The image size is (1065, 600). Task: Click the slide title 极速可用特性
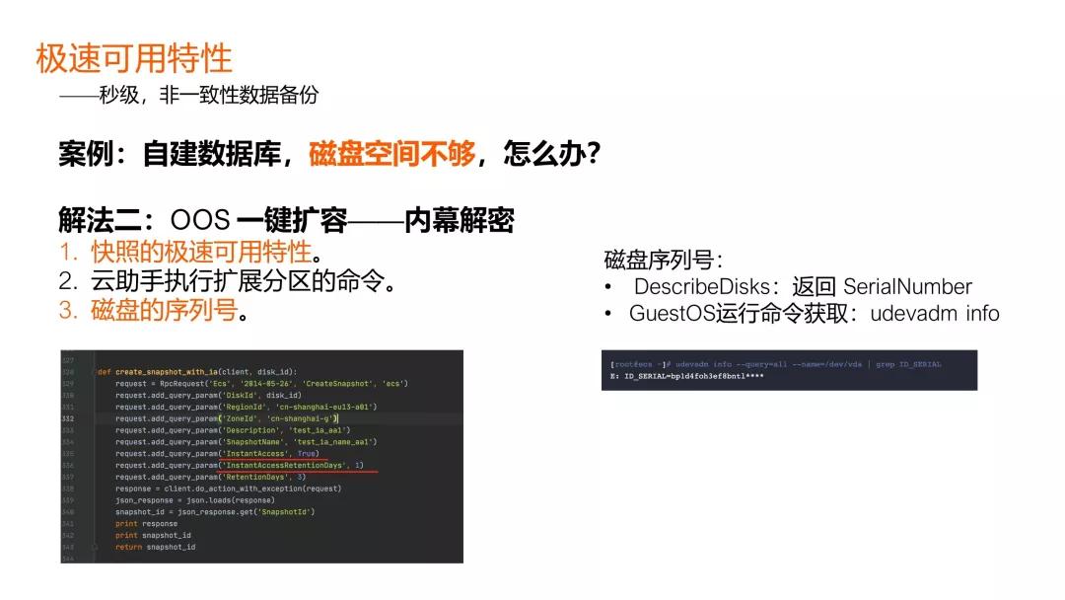(134, 58)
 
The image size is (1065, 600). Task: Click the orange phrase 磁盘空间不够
(392, 154)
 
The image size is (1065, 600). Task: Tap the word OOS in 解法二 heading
(200, 220)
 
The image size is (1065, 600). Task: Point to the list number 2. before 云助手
(69, 281)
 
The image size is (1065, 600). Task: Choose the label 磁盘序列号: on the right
(663, 261)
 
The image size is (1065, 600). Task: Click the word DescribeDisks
(700, 287)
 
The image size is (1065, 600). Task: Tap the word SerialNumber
(907, 287)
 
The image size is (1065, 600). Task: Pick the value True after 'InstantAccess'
(308, 454)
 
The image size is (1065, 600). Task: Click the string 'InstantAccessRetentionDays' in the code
(287, 465)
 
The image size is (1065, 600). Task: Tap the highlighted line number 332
(68, 418)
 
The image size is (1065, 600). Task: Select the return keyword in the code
(128, 547)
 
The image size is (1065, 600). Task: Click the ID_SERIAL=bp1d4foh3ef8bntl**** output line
(686, 376)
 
